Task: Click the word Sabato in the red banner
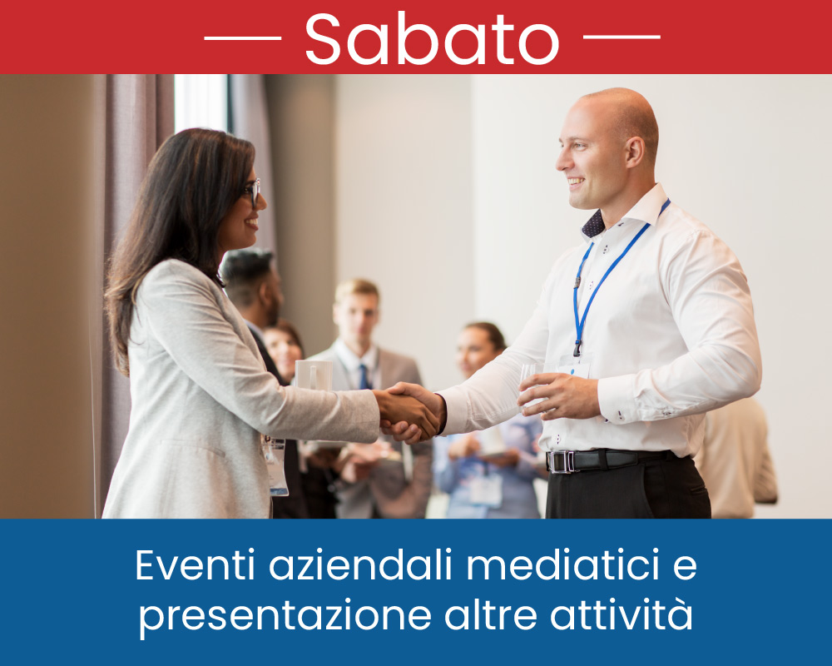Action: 432,38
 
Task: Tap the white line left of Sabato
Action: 242,37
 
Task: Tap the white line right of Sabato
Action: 622,37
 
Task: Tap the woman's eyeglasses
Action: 253,191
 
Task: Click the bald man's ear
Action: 634,152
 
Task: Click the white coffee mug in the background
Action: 313,375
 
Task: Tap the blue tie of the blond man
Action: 364,376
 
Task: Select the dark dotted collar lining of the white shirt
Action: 593,224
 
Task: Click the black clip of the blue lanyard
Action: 577,349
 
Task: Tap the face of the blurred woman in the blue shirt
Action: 475,351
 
